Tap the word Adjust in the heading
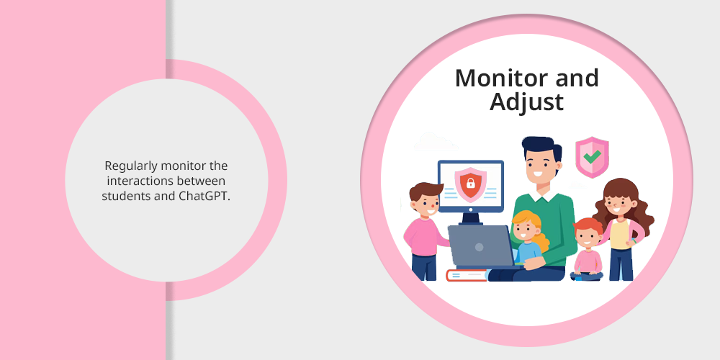526,102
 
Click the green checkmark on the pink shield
593,156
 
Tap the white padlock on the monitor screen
471,184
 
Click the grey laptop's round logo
479,247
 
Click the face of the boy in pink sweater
427,204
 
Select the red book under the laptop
467,275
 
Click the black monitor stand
470,218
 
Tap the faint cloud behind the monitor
436,142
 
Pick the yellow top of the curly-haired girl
620,235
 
